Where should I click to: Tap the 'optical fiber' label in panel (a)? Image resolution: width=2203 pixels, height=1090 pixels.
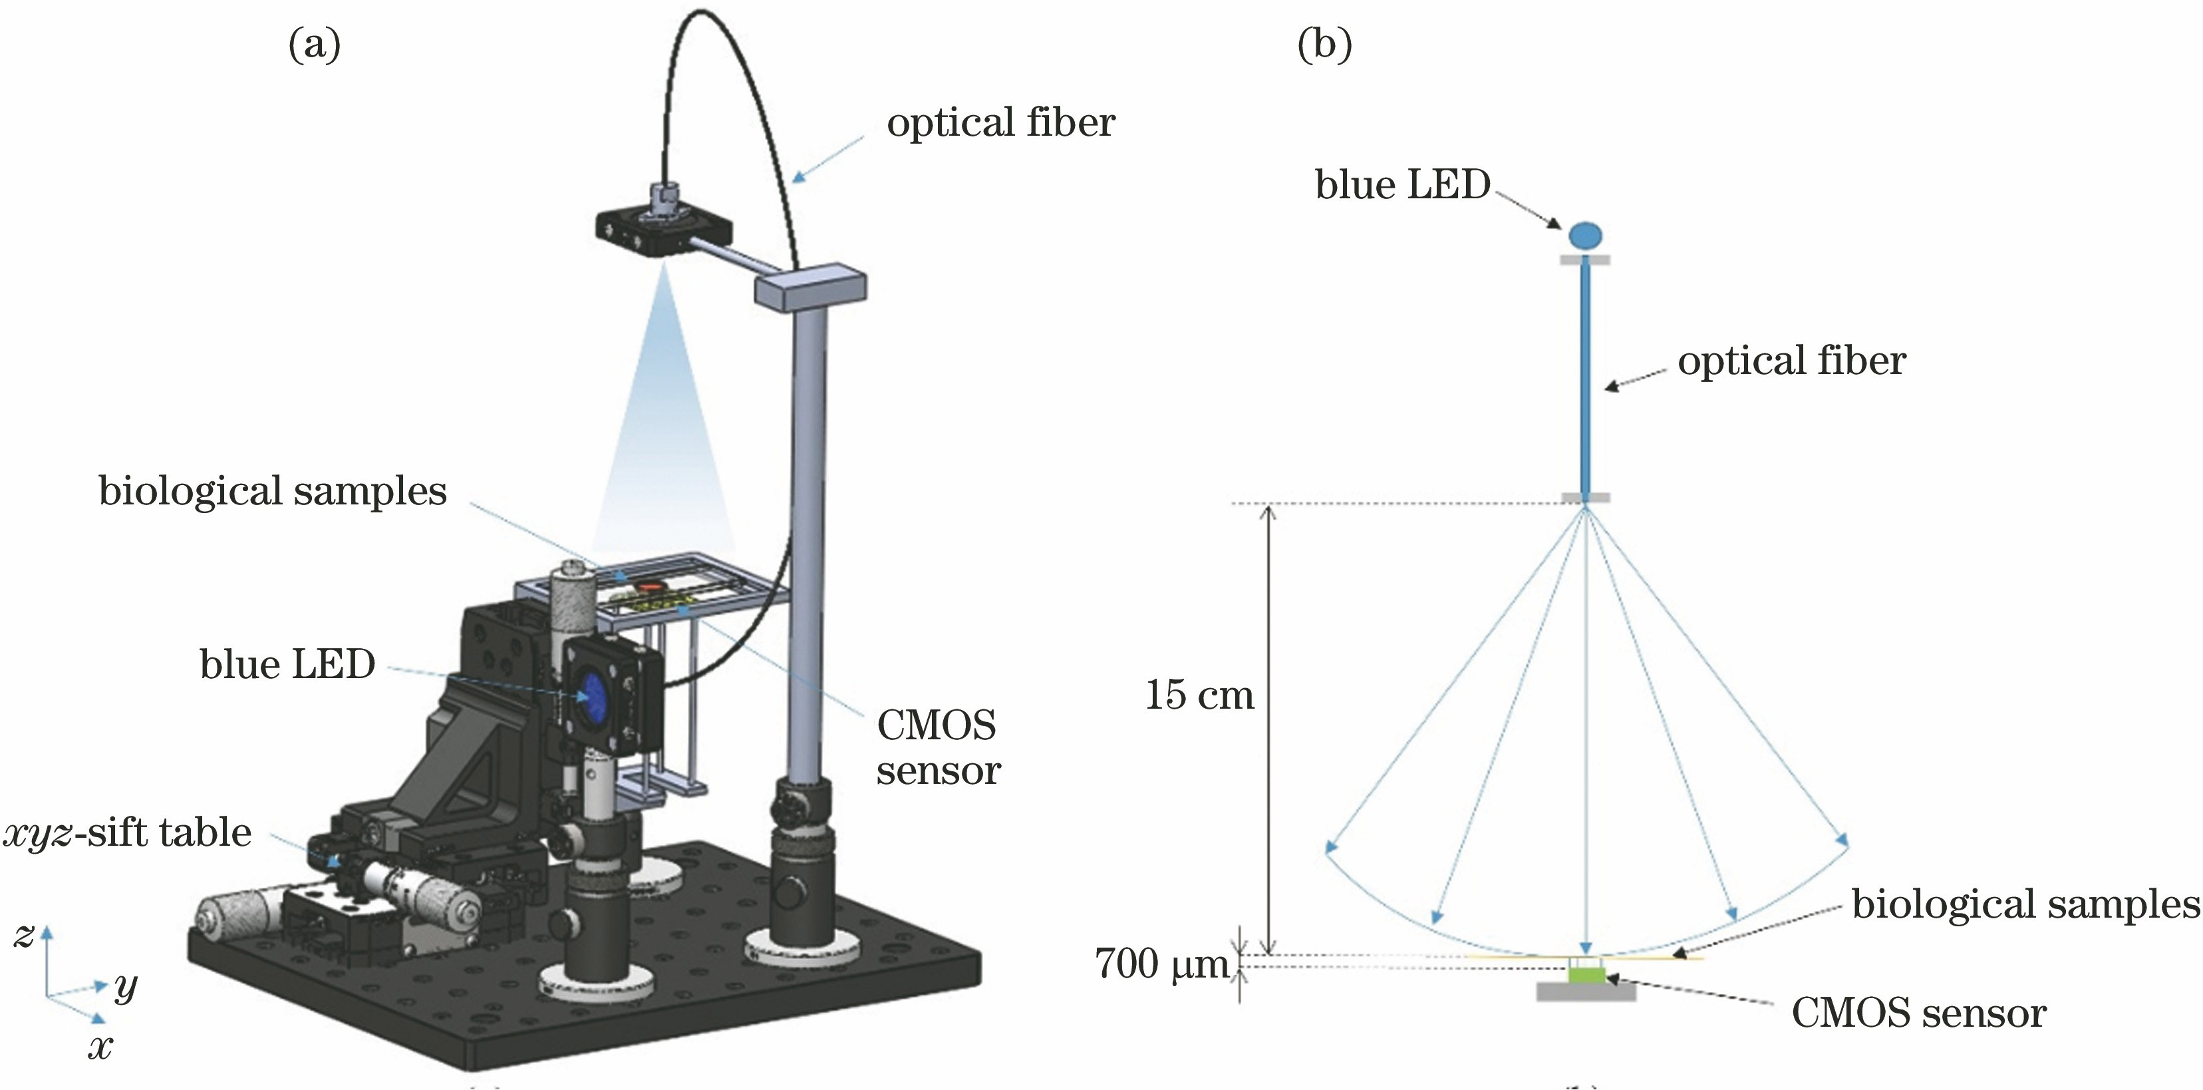[x=1000, y=123]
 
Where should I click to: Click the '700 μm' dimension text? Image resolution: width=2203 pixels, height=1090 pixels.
[x=1161, y=965]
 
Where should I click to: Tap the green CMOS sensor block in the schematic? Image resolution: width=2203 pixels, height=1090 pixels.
[x=1586, y=973]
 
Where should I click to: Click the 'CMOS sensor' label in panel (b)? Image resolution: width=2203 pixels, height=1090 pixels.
[x=1918, y=1014]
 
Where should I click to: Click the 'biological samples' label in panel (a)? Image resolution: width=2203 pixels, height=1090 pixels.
[x=273, y=492]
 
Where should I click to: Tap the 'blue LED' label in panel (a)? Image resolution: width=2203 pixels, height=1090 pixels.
[x=287, y=665]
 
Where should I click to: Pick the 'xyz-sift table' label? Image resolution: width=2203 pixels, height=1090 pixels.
[x=128, y=832]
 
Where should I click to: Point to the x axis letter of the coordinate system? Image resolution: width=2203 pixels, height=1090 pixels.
[x=100, y=1046]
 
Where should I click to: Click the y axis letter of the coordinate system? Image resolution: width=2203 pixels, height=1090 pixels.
[x=126, y=988]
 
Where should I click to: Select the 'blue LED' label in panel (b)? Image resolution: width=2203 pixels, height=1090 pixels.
[x=1403, y=185]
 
